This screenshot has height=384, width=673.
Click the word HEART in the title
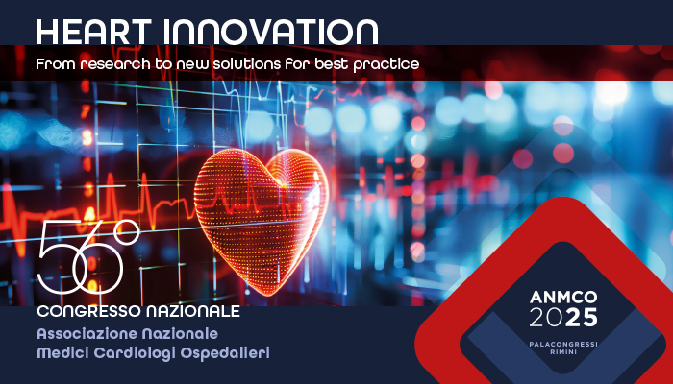93,32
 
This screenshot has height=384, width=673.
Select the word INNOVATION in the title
270,32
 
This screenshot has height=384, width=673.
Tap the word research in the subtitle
115,64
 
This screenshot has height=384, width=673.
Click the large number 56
81,256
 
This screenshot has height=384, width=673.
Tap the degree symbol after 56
128,232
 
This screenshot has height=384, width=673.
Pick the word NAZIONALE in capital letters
192,311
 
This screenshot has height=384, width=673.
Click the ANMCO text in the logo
563,297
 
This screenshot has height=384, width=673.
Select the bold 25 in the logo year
581,318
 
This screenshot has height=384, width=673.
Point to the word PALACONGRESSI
563,344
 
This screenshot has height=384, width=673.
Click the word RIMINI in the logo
563,352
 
